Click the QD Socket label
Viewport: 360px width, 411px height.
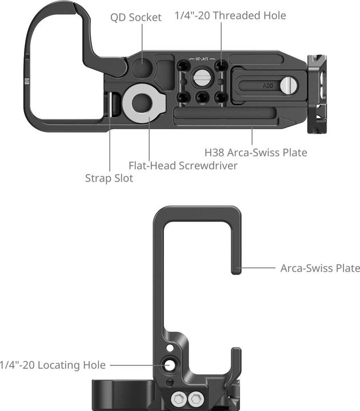point(136,17)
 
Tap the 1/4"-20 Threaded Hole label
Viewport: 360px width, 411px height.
point(230,15)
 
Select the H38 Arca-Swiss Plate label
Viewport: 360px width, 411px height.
point(256,152)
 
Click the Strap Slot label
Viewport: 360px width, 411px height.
point(109,178)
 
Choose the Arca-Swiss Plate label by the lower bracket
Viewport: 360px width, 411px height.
point(320,268)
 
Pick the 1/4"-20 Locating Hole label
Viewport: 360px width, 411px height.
point(53,365)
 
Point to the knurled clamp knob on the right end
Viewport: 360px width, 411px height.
point(316,94)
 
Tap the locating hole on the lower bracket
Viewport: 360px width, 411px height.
point(170,365)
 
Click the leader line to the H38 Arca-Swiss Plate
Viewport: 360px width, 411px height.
point(252,136)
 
